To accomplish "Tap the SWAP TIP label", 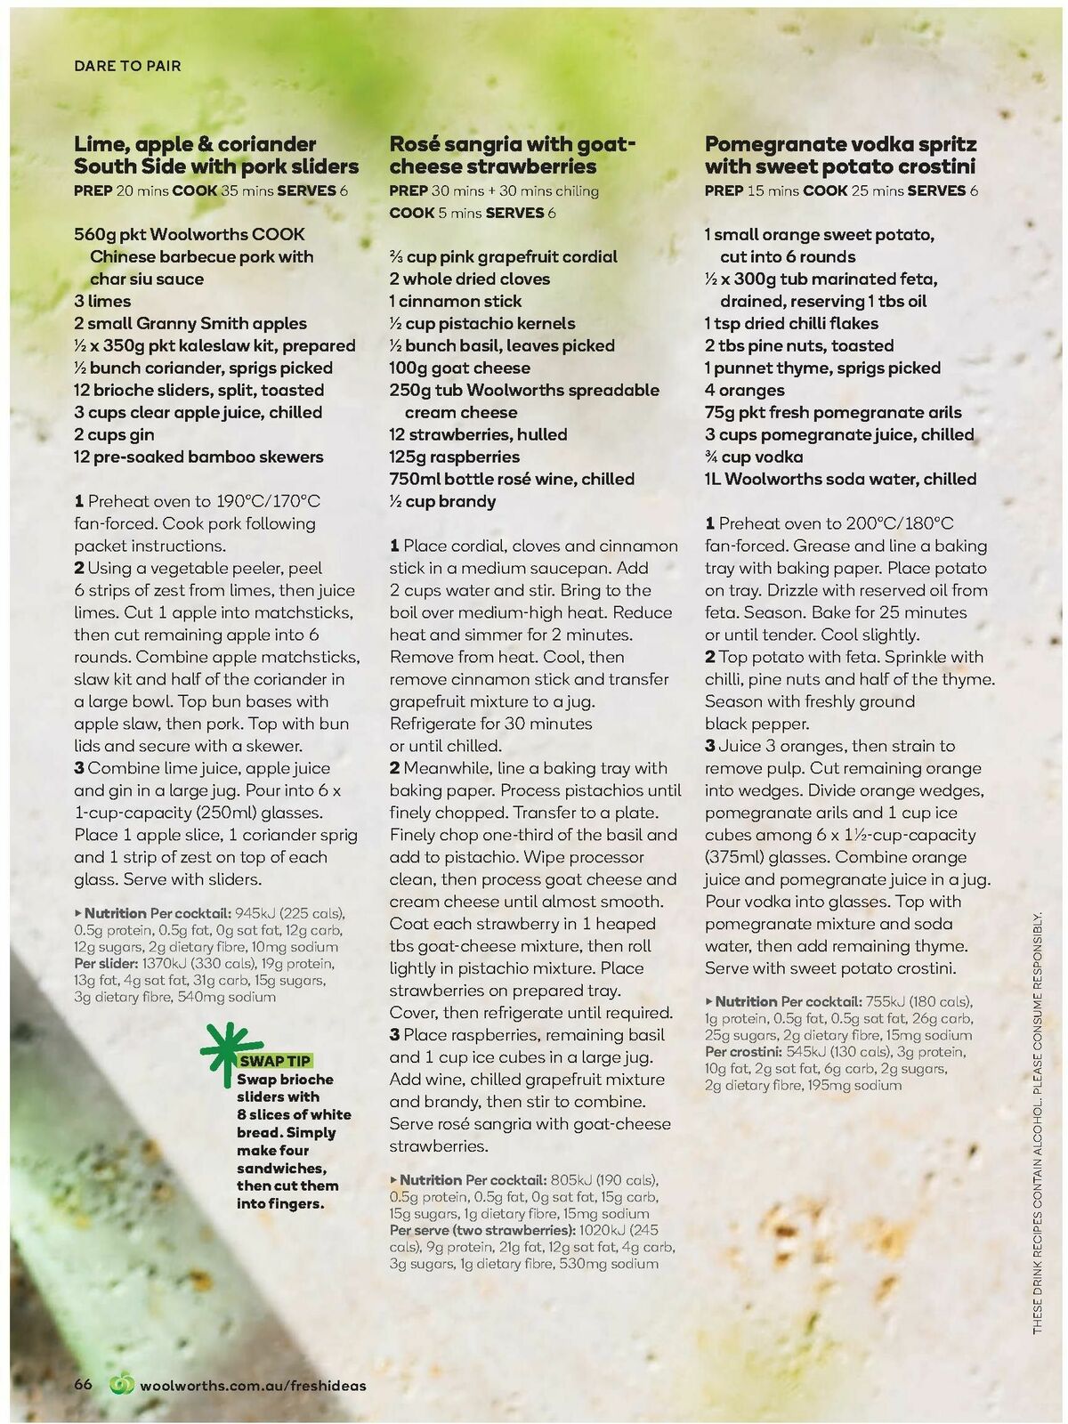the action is [x=274, y=1061].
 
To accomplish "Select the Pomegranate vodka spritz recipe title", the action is [x=840, y=155].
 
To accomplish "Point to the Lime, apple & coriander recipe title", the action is [x=216, y=155].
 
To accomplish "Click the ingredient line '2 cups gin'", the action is [x=114, y=434].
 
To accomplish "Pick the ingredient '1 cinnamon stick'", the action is [x=455, y=301].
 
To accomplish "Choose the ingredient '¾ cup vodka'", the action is [x=753, y=457].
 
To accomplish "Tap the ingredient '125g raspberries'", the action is [x=454, y=457].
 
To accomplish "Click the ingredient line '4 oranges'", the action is [x=744, y=390].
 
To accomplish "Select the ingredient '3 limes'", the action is [x=102, y=301].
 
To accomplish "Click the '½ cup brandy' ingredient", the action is [x=441, y=501].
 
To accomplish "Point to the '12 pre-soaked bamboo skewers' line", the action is [x=198, y=457].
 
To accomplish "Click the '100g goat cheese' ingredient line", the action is [x=459, y=368].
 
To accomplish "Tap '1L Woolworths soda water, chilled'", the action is [x=840, y=479].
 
